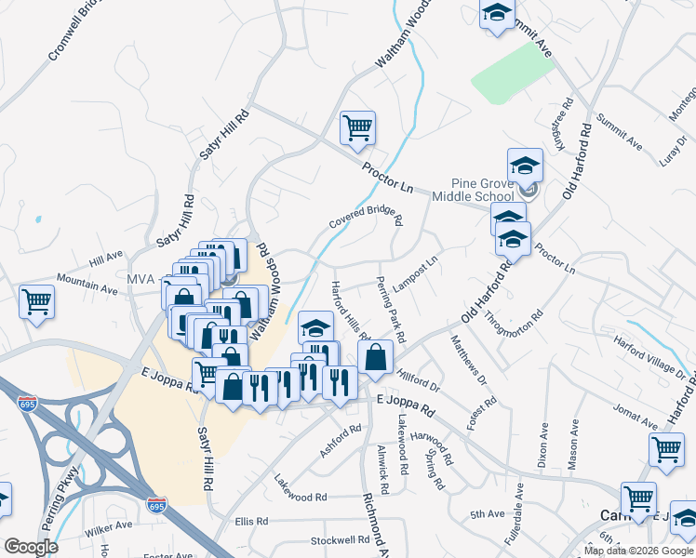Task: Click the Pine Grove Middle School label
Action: [482, 190]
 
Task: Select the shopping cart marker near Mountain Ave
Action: [36, 300]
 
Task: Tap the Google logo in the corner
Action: [30, 547]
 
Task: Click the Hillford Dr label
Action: [419, 375]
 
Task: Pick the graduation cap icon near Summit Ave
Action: [497, 14]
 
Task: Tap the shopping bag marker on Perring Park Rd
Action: [375, 357]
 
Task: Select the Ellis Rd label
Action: [251, 521]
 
